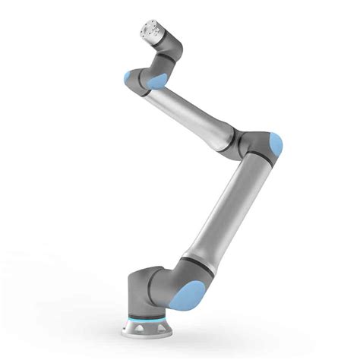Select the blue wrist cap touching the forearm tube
tap(159, 81)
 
